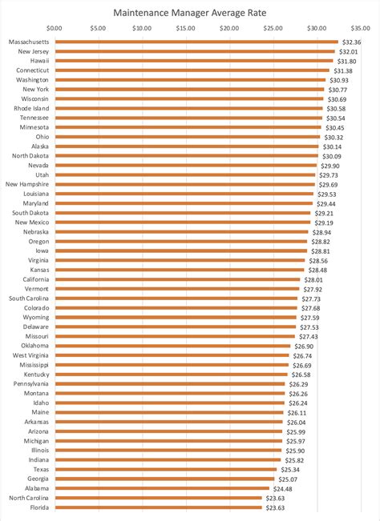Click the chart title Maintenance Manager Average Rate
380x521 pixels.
click(189, 13)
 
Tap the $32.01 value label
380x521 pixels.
click(349, 51)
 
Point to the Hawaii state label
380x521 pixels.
click(38, 61)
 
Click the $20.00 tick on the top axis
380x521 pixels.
click(229, 29)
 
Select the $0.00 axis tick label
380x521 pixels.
click(55, 29)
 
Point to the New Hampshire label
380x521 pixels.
click(27, 184)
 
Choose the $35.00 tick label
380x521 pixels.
click(361, 29)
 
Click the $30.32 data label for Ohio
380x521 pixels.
click(334, 137)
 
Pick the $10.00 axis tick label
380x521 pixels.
click(142, 29)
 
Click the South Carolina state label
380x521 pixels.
click(29, 298)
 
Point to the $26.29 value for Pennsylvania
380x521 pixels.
click(298, 383)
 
